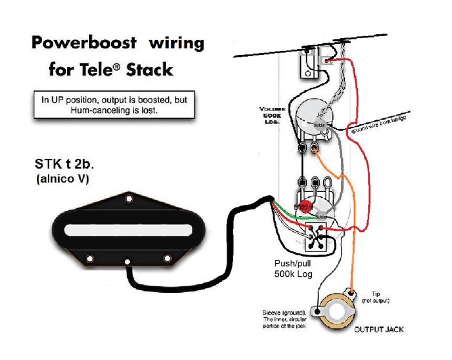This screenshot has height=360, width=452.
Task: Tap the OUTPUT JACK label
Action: point(379,330)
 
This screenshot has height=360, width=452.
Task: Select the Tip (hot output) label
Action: point(381,298)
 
